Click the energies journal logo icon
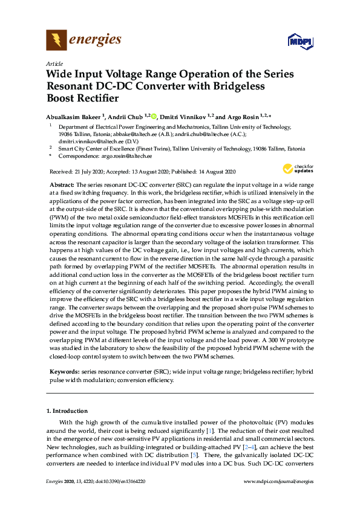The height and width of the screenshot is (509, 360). [56, 41]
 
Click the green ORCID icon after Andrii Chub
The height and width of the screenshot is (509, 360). [154, 117]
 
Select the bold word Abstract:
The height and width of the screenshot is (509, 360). [61, 184]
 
